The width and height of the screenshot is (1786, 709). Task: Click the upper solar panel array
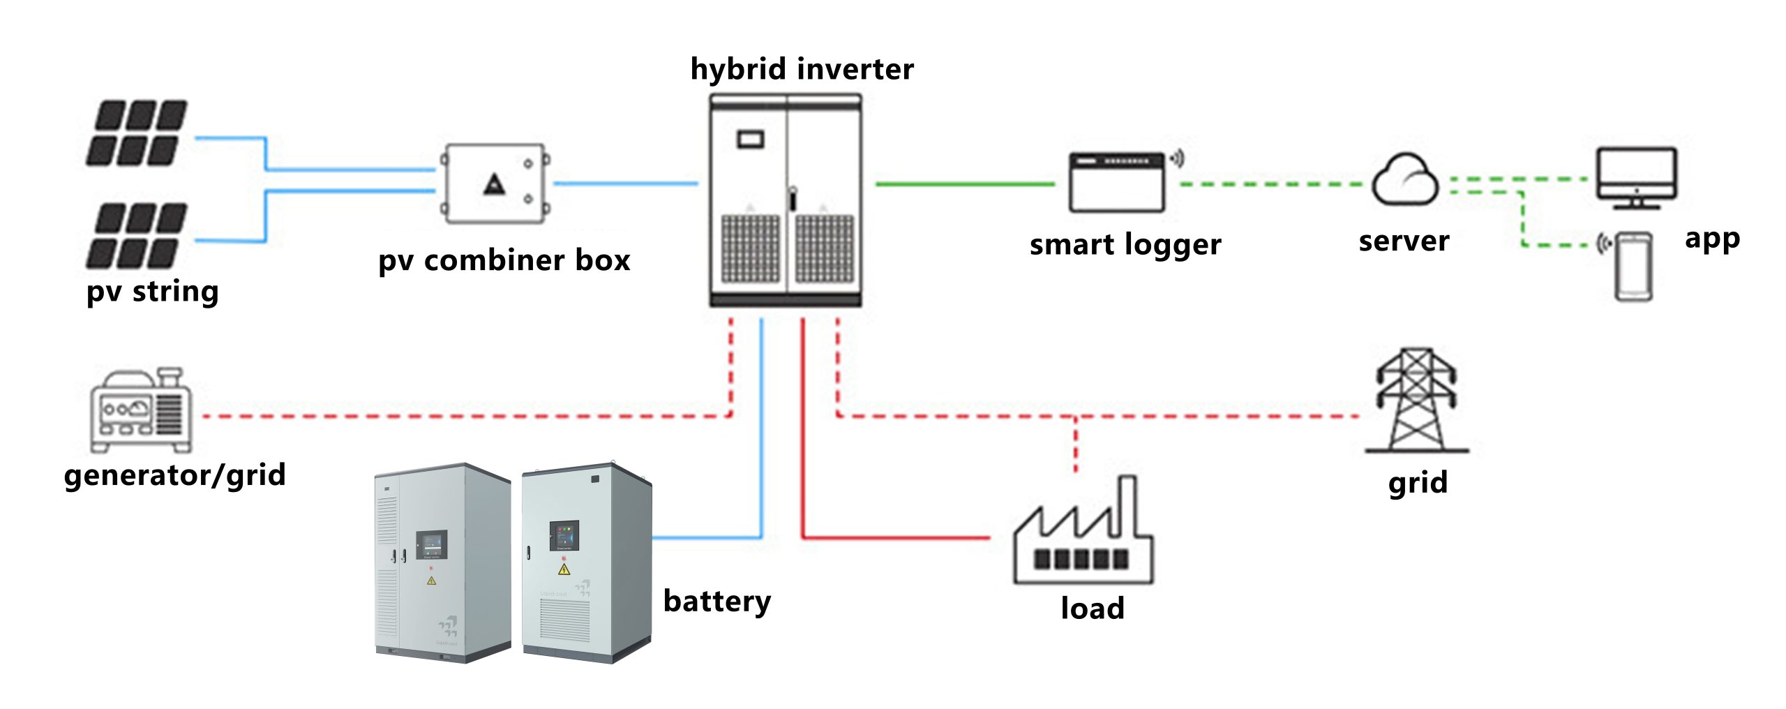(x=137, y=133)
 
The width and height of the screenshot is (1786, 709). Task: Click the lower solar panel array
(x=137, y=236)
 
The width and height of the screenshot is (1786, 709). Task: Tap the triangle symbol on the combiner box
(x=495, y=185)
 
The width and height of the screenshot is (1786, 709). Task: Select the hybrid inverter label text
(x=802, y=69)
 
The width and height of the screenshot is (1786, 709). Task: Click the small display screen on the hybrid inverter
(x=751, y=139)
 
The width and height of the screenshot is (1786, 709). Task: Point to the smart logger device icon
(x=1117, y=182)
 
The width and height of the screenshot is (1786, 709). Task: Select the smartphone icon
(x=1634, y=266)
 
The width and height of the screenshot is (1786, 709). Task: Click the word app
(x=1712, y=239)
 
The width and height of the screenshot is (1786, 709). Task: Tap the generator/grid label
(x=174, y=475)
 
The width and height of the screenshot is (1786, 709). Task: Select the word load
(x=1093, y=609)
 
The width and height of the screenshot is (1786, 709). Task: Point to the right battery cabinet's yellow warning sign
(x=564, y=569)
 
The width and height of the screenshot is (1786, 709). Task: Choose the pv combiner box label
(x=504, y=260)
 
